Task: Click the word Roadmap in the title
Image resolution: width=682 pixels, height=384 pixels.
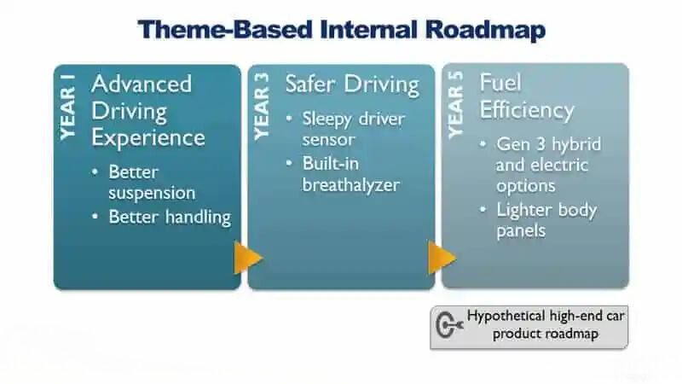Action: pos(485,30)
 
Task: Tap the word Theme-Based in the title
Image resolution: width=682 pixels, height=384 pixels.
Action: pos(225,30)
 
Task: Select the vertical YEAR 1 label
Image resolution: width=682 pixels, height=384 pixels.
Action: pos(68,108)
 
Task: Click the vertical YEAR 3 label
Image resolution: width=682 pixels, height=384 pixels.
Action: pos(262,107)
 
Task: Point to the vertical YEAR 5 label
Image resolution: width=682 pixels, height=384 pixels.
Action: pos(456,105)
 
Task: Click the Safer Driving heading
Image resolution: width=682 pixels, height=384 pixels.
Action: pos(352,84)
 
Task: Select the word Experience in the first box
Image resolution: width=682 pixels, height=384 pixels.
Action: pos(147,139)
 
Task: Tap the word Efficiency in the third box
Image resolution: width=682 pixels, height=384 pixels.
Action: pos(527,110)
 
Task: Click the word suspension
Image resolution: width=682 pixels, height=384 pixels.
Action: pos(152,194)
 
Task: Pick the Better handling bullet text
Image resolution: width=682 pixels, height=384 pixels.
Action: pos(170,217)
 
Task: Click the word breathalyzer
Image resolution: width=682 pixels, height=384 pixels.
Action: pos(351,185)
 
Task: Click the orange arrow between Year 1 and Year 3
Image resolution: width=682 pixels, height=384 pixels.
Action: pos(248,258)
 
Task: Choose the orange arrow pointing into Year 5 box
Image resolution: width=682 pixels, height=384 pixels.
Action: pos(442,258)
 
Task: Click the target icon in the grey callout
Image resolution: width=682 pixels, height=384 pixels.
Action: pos(449,325)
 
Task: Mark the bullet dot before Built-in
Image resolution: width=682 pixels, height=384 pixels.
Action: pos(289,164)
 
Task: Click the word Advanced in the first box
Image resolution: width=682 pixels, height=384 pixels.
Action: pos(142,84)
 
